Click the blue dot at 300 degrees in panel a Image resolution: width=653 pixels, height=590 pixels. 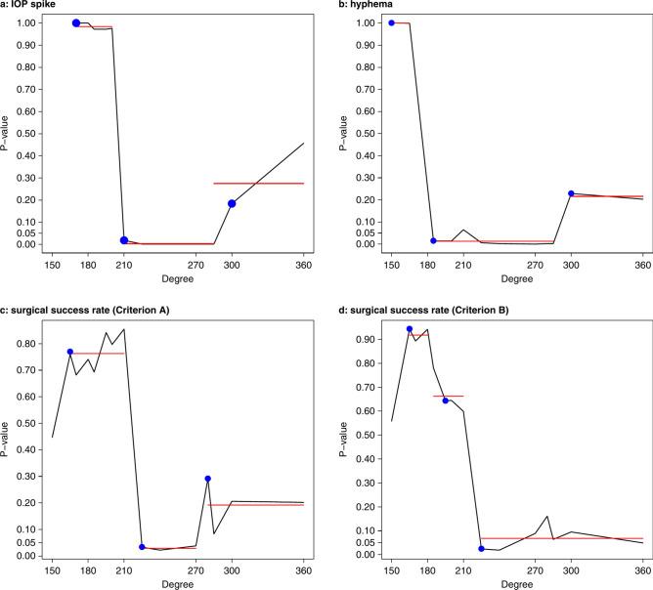[232, 203]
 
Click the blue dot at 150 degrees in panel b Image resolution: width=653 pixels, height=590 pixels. [392, 22]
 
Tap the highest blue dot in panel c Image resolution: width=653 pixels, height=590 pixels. [70, 352]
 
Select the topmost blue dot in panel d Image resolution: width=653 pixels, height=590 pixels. [410, 329]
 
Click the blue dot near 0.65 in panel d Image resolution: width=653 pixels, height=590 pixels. [446, 400]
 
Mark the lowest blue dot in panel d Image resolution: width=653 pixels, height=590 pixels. [481, 548]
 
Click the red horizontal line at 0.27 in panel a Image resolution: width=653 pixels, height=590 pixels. [259, 184]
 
